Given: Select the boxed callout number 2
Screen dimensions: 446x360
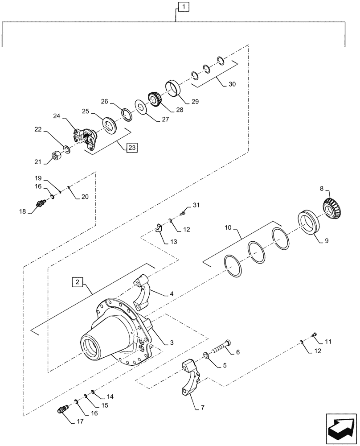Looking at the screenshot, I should click(78, 282).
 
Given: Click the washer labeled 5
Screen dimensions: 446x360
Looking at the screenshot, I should click(206, 355).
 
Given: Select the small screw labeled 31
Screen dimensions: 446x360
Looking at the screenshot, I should click(182, 215).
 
